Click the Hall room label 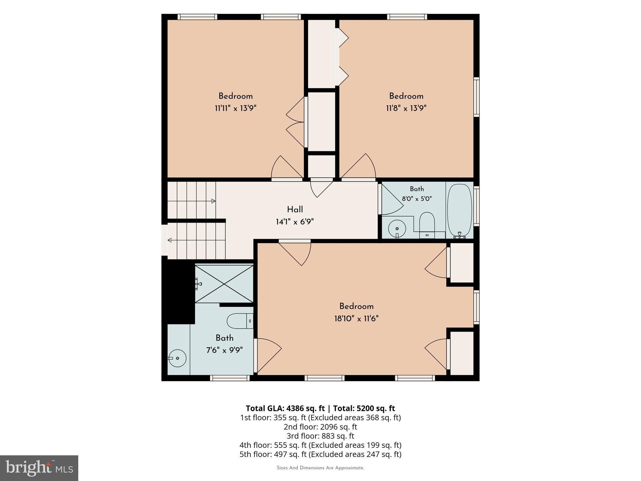pos(295,209)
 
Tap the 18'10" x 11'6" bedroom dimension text pos(356,318)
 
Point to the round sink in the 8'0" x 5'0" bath pos(397,229)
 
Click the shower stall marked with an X pos(224,284)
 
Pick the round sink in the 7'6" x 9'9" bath pos(177,358)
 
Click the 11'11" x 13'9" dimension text pos(235,108)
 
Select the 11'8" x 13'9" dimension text pos(406,108)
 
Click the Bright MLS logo pos(39,468)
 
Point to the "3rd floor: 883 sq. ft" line pos(320,436)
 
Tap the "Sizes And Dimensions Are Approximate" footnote pos(320,468)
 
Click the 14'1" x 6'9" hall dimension pos(295,222)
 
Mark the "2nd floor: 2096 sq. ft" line pos(320,427)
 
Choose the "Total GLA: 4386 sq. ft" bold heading pos(285,408)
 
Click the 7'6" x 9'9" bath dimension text pos(224,350)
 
